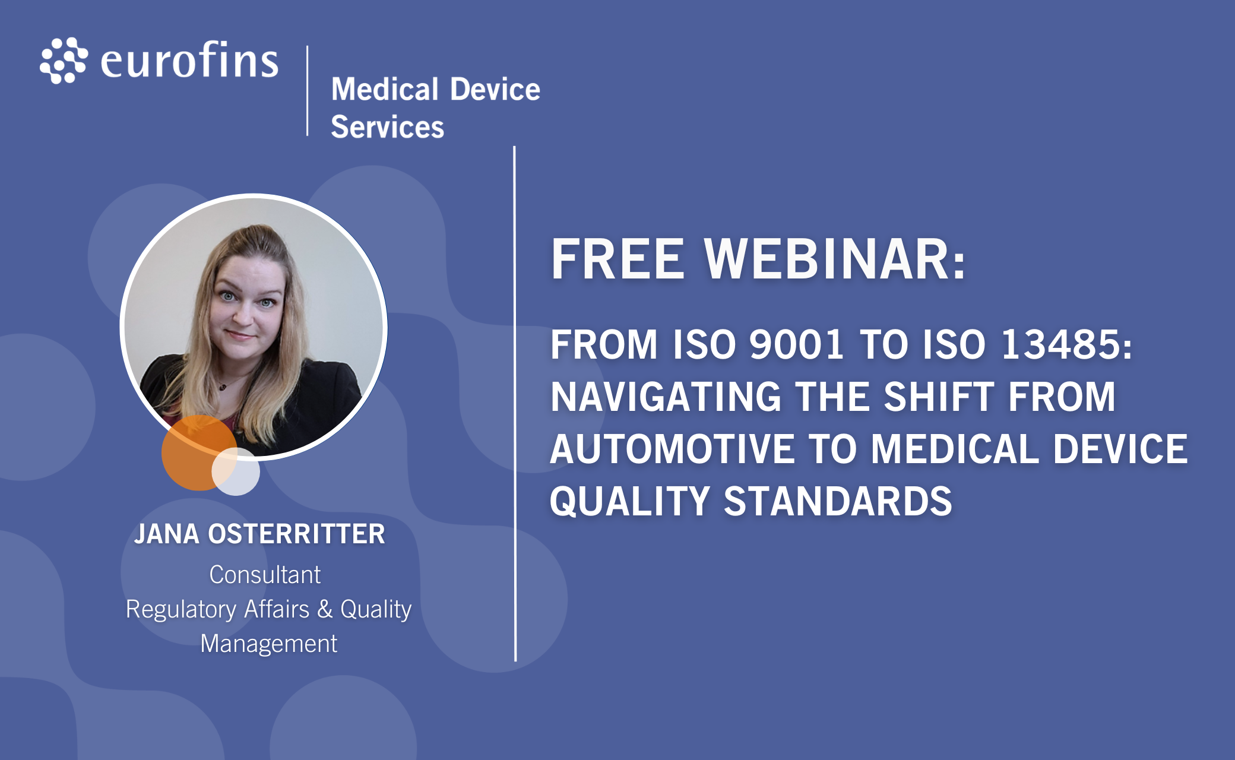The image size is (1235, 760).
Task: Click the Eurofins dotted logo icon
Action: click(x=64, y=61)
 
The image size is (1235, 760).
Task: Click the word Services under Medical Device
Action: click(x=387, y=126)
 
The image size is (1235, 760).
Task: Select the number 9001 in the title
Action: click(x=796, y=344)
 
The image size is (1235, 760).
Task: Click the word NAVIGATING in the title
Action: click(x=666, y=397)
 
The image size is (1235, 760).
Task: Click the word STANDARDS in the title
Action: click(x=838, y=501)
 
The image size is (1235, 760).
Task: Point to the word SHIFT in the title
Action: click(x=939, y=397)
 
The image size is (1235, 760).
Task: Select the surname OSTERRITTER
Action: click(x=296, y=534)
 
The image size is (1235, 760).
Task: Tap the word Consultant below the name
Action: click(x=265, y=575)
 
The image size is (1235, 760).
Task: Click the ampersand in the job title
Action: click(x=325, y=609)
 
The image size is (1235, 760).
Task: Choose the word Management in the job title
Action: click(x=269, y=644)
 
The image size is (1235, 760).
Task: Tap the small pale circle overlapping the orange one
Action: click(x=236, y=471)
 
